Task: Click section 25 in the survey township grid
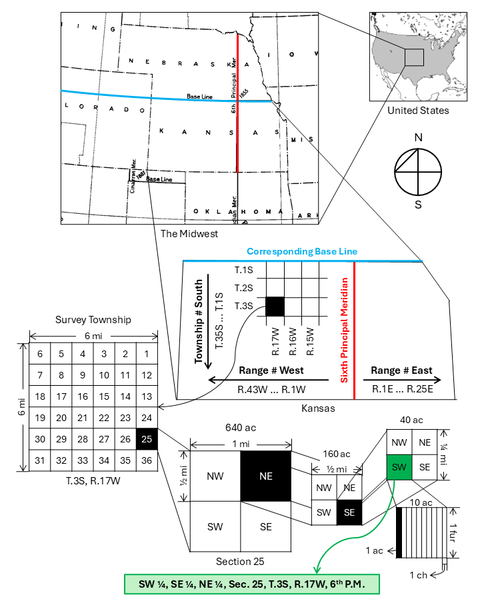147,438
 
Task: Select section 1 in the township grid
147,354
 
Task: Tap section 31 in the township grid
40,460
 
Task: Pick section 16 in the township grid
83,396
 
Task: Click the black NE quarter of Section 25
266,476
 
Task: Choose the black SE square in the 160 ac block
349,512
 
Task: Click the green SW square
399,466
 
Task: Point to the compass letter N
418,137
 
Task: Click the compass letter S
418,205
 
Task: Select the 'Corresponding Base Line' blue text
302,252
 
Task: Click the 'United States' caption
418,111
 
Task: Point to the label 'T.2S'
244,288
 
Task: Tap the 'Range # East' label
401,370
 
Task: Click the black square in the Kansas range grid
275,306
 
